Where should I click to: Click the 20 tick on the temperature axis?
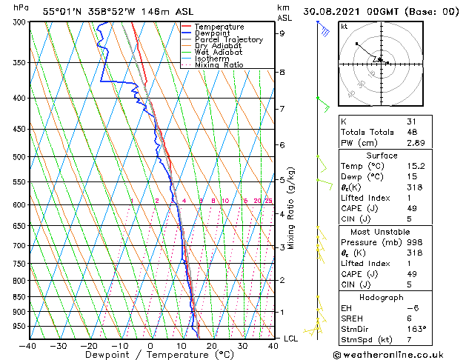point(212,346)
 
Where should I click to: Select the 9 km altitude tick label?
point(282,33)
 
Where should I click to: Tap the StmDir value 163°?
point(416,328)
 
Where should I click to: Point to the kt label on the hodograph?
point(344,27)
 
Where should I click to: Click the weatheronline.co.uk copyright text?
point(400,353)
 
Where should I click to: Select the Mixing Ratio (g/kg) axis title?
point(291,208)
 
